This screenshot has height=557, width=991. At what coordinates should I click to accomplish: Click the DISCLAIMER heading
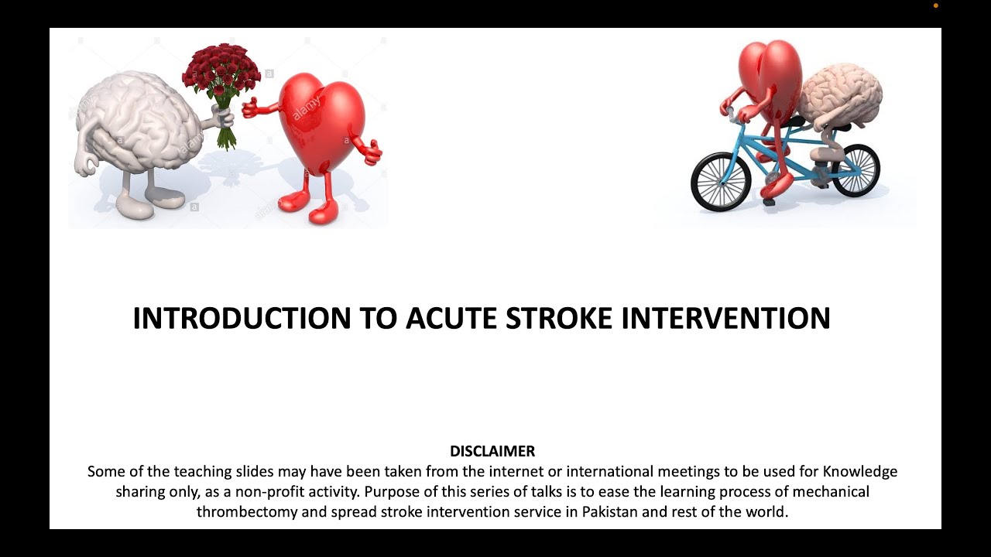[x=492, y=451]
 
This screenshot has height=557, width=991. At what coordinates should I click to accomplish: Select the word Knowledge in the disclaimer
[x=860, y=471]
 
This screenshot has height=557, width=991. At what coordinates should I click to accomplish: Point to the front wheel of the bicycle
[x=721, y=181]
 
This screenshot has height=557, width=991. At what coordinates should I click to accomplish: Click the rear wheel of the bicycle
[x=856, y=169]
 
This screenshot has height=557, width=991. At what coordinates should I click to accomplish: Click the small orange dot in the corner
[x=935, y=5]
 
